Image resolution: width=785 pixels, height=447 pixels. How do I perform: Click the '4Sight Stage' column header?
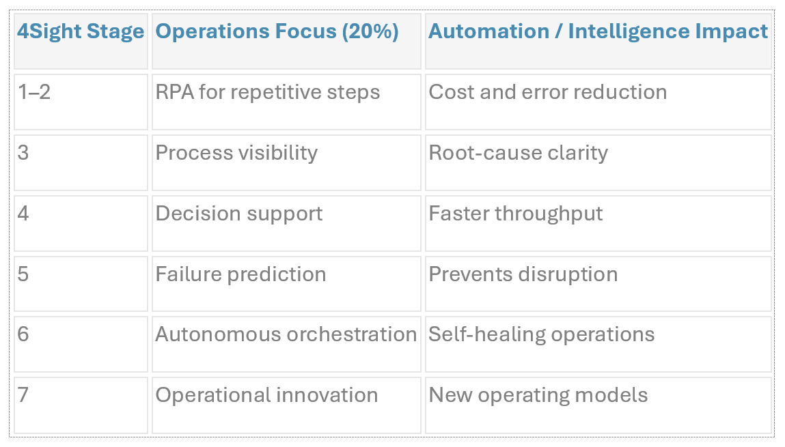point(81,31)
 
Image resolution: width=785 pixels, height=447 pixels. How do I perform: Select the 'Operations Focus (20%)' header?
point(277,31)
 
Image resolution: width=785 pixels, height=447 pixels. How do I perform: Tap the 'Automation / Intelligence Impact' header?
point(598,31)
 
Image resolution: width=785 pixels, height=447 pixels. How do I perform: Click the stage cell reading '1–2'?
point(34,92)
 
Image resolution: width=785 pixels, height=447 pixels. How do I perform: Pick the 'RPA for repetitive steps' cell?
point(267,92)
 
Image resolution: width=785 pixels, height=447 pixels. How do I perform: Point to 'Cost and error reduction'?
point(547,92)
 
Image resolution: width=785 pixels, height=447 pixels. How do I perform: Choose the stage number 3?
point(23,152)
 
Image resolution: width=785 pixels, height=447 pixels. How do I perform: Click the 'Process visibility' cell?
point(236,152)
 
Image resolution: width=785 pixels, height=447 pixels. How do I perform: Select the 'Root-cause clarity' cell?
point(518,152)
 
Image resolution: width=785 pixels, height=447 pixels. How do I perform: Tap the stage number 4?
point(23,213)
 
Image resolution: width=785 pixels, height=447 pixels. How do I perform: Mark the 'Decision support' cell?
point(238,213)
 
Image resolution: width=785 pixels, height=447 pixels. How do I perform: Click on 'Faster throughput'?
point(515,213)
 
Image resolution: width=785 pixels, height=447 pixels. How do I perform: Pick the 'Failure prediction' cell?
point(240,274)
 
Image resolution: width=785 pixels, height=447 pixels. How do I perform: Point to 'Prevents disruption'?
point(523,274)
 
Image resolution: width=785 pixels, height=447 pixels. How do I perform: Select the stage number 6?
point(23,334)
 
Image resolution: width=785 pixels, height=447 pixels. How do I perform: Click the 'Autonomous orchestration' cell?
point(286,334)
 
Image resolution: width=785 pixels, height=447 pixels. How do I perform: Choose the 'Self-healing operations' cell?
point(541,334)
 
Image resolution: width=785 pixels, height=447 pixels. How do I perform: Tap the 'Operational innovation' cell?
point(266,394)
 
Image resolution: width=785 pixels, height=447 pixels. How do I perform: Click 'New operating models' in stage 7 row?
point(538,394)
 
